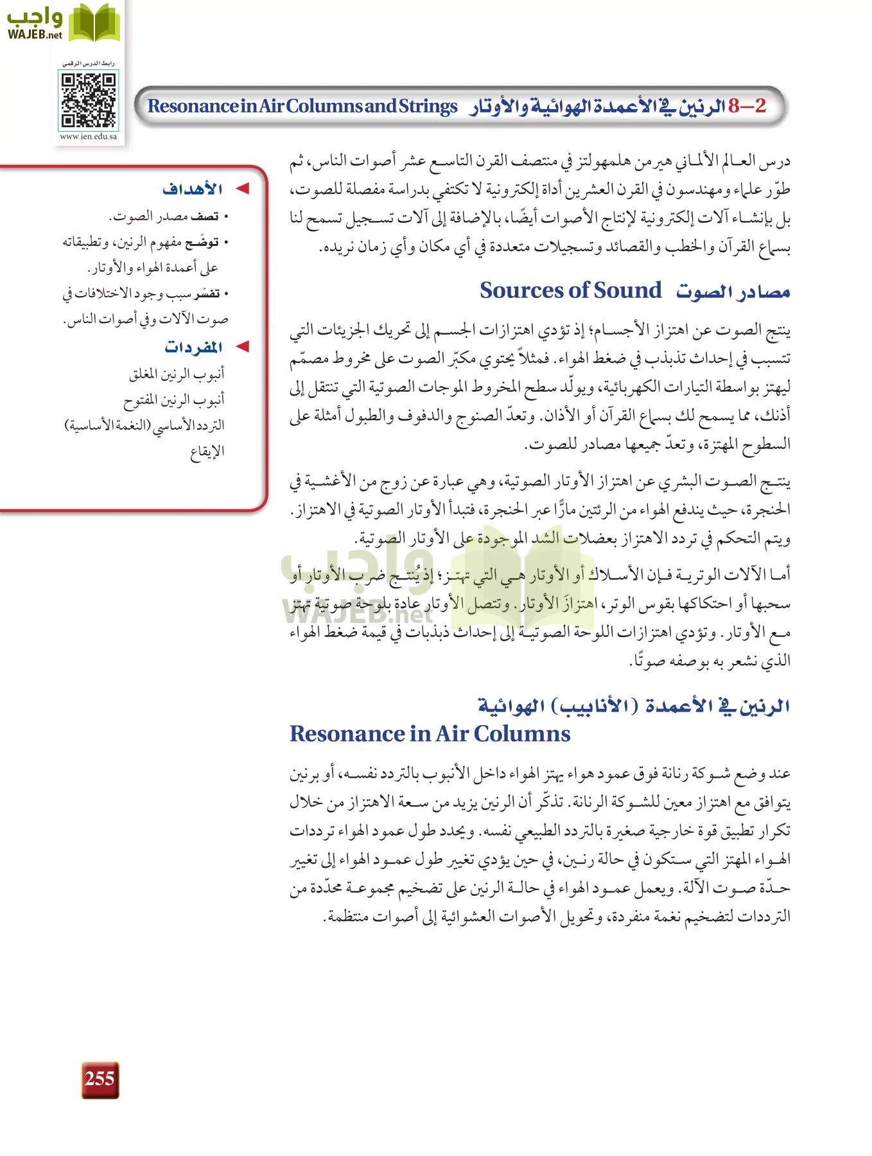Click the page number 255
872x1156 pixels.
click(x=100, y=1079)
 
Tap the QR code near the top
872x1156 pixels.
click(x=89, y=100)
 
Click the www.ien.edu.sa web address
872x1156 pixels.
click(x=89, y=136)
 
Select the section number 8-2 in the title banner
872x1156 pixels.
click(x=747, y=106)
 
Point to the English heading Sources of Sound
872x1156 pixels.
click(x=570, y=290)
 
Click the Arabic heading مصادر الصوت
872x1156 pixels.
click(x=733, y=292)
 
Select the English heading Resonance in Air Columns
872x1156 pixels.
click(x=430, y=733)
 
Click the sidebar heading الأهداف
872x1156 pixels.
click(x=193, y=189)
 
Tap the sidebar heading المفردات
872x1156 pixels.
click(x=193, y=347)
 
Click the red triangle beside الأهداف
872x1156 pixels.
click(x=242, y=189)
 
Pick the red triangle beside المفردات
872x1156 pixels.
click(x=242, y=347)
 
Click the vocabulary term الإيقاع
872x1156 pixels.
click(x=207, y=451)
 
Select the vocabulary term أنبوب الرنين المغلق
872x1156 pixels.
click(x=177, y=374)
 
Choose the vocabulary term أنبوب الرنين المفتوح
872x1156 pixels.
click(x=174, y=400)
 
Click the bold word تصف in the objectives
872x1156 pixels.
click(x=205, y=216)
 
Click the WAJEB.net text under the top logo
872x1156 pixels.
click(x=35, y=35)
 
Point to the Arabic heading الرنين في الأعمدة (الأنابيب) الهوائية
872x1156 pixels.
click(x=633, y=706)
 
